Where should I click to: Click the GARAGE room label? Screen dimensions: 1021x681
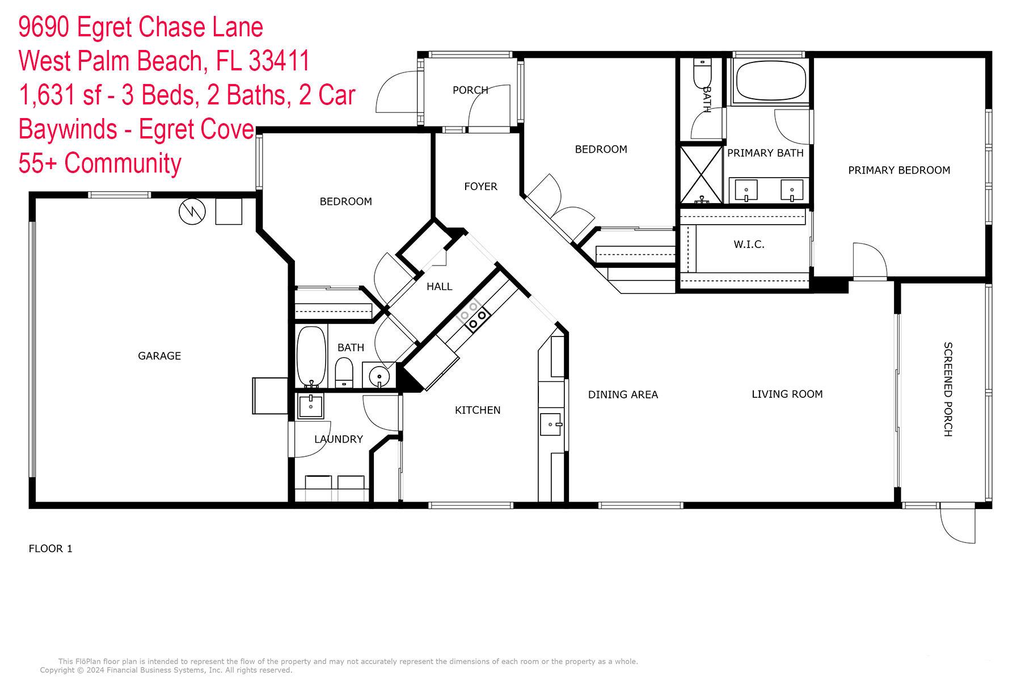click(159, 356)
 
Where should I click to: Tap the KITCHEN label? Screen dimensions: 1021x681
click(478, 410)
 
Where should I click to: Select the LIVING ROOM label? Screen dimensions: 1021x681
click(787, 394)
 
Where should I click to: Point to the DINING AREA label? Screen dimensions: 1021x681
click(623, 394)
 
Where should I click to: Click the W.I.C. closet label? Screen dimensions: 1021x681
click(749, 245)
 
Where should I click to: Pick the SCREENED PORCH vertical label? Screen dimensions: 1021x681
click(948, 389)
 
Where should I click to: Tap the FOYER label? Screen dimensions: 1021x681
click(480, 186)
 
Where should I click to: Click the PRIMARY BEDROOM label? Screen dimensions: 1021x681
click(899, 170)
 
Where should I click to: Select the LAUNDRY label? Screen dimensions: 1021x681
click(339, 439)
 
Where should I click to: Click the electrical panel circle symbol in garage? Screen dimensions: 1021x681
click(192, 212)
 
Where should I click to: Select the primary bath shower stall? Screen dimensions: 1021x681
click(702, 175)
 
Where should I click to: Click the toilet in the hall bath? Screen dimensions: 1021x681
click(344, 372)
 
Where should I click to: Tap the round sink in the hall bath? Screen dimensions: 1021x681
click(378, 376)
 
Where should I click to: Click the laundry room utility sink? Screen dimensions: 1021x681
click(310, 406)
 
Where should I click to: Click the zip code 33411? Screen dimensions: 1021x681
click(279, 61)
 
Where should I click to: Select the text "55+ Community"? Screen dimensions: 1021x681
click(100, 163)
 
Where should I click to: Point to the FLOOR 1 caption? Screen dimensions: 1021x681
click(50, 549)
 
